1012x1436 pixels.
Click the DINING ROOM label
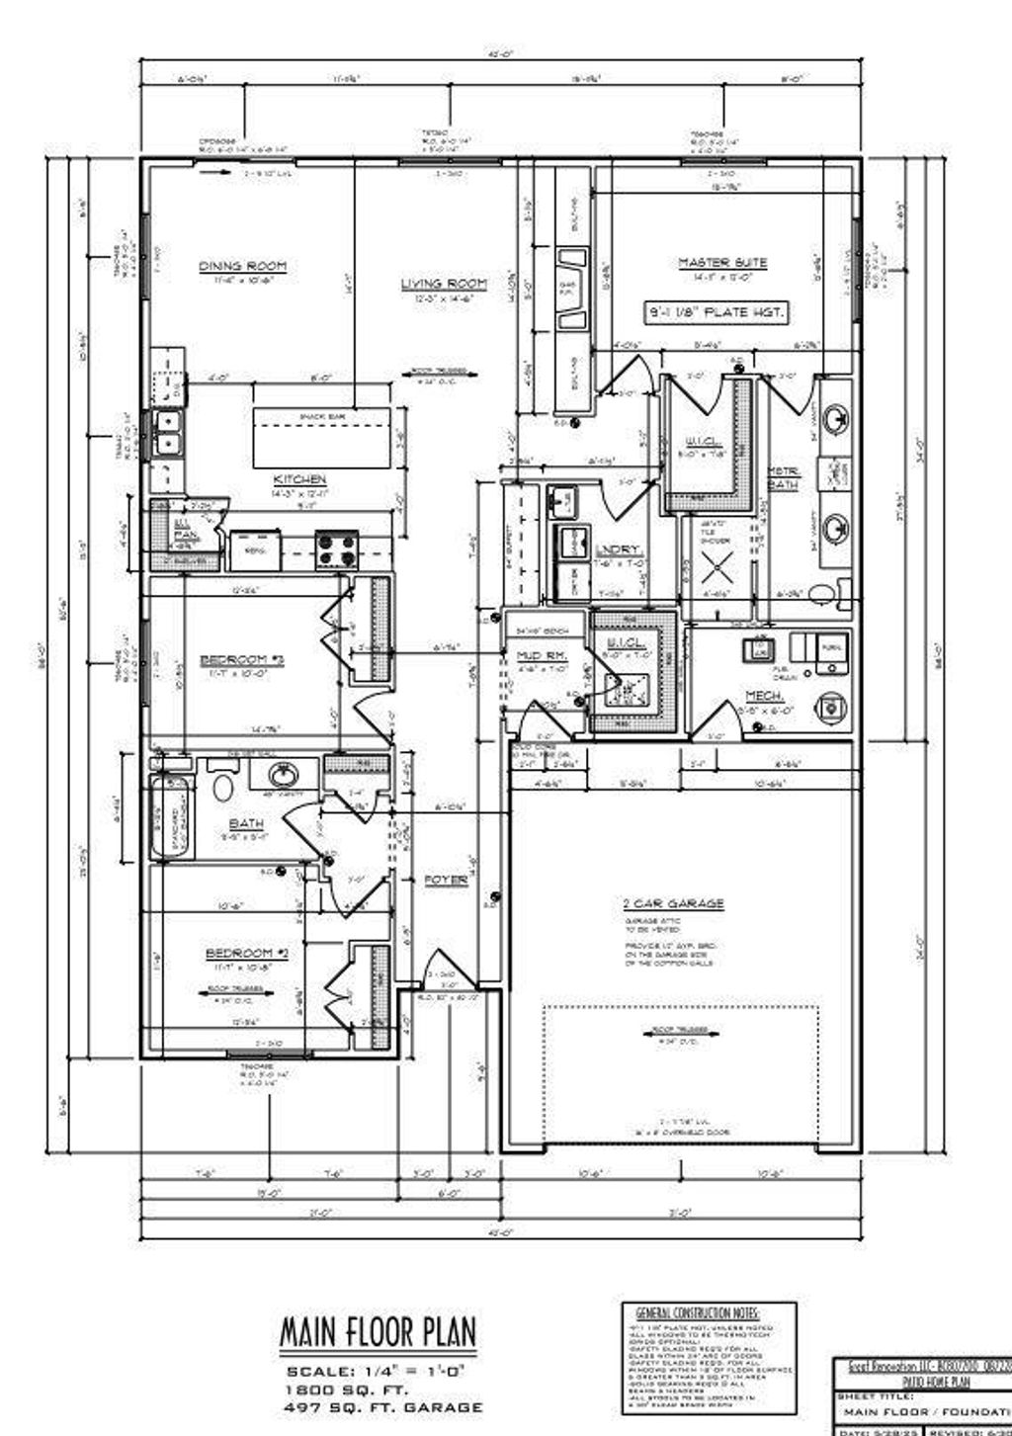pyautogui.click(x=242, y=265)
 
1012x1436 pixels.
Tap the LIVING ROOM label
pyautogui.click(x=444, y=285)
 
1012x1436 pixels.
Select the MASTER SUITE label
pyautogui.click(x=722, y=263)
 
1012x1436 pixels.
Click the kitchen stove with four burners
pyautogui.click(x=335, y=549)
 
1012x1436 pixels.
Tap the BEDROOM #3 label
pyautogui.click(x=241, y=658)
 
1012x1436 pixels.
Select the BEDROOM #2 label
pyautogui.click(x=246, y=953)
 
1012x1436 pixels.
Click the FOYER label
pyautogui.click(x=446, y=879)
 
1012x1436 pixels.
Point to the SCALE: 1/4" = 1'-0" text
pyautogui.click(x=381, y=1373)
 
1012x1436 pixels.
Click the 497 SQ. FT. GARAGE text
pyautogui.click(x=383, y=1406)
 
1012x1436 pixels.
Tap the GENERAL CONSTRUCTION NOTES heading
pyautogui.click(x=697, y=1309)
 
